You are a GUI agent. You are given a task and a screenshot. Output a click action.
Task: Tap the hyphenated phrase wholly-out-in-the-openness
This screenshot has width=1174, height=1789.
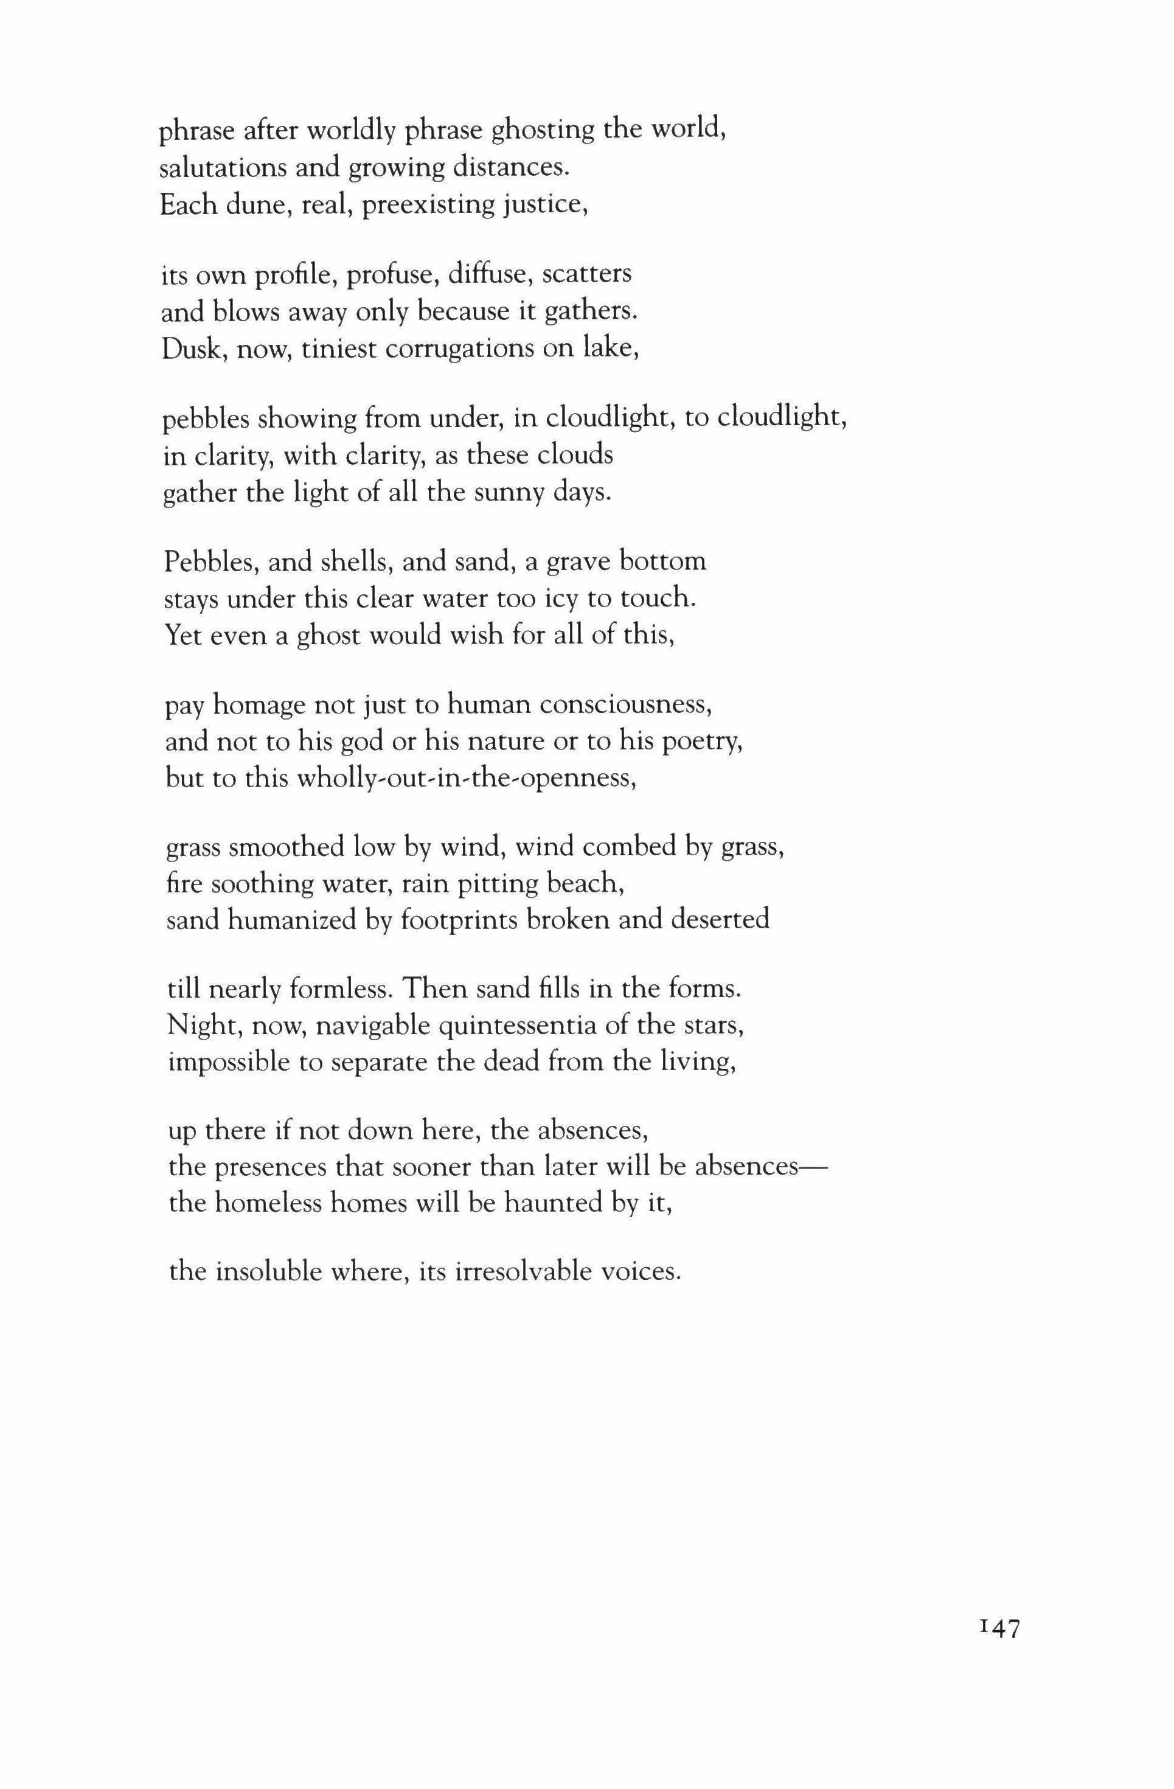coord(467,779)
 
